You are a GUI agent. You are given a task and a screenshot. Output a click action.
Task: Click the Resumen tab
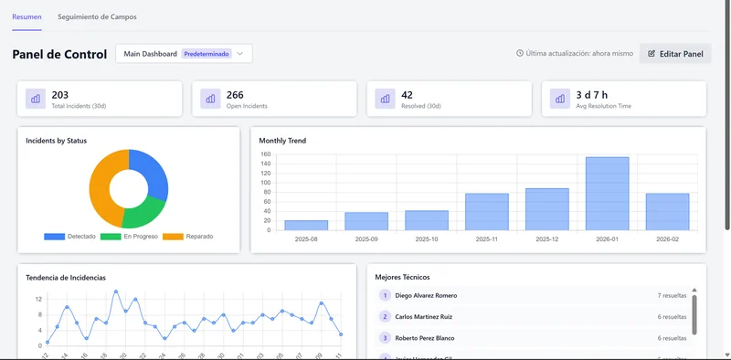(x=26, y=17)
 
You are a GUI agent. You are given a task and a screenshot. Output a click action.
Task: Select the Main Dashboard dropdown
(x=184, y=54)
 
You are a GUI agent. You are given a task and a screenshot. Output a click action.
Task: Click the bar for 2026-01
(x=607, y=194)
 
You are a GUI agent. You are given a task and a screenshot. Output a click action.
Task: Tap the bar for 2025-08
(x=306, y=225)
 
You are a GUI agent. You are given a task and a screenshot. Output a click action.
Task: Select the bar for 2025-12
(x=546, y=209)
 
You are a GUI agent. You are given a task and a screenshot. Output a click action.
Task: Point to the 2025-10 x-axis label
(x=427, y=238)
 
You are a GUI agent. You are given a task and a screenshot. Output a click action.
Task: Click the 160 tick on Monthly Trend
(x=266, y=154)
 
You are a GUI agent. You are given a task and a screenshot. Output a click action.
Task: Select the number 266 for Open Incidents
(x=235, y=95)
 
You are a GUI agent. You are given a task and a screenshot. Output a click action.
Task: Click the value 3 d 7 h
(x=593, y=95)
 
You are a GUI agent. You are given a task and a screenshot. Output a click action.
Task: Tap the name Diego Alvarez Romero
(x=426, y=295)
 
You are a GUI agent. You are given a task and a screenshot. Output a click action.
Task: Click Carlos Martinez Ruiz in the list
(x=424, y=316)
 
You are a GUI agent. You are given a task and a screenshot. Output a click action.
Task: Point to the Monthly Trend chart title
(x=282, y=141)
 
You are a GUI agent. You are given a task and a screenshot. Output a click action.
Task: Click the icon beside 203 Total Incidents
(x=37, y=99)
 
